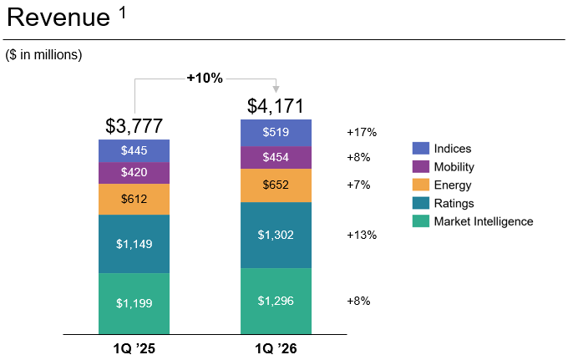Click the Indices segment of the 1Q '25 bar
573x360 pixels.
pyautogui.click(x=134, y=151)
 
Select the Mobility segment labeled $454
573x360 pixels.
pyautogui.click(x=276, y=158)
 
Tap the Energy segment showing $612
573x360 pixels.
pyautogui.click(x=134, y=199)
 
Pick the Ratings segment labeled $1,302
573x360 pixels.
pyautogui.click(x=276, y=235)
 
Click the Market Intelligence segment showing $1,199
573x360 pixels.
pyautogui.click(x=134, y=303)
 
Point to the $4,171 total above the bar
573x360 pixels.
pyautogui.click(x=276, y=106)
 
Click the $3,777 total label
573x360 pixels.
pyautogui.click(x=134, y=126)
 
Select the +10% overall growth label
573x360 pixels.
pyautogui.click(x=205, y=78)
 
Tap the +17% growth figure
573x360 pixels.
pyautogui.click(x=362, y=132)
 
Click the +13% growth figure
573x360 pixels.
pyautogui.click(x=362, y=235)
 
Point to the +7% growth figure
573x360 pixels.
pyautogui.click(x=358, y=185)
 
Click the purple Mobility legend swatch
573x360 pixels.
pyautogui.click(x=421, y=167)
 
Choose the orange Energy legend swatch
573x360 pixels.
pyautogui.click(x=421, y=185)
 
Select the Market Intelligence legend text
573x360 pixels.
pyautogui.click(x=484, y=221)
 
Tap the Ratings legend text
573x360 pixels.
pyautogui.click(x=454, y=203)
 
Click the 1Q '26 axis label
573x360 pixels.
pyautogui.click(x=276, y=348)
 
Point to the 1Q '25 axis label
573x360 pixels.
pyautogui.click(x=134, y=348)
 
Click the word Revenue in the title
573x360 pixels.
pyautogui.click(x=58, y=18)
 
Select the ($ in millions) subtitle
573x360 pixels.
pyautogui.click(x=43, y=55)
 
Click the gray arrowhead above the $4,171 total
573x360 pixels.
pyautogui.click(x=276, y=89)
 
